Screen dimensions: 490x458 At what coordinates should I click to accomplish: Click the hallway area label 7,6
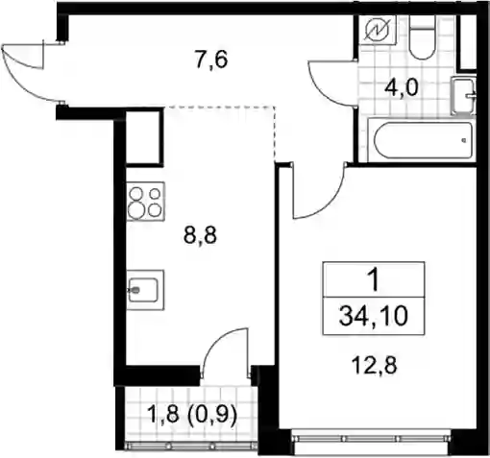(x=211, y=60)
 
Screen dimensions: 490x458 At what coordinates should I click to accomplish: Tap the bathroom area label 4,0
(x=402, y=87)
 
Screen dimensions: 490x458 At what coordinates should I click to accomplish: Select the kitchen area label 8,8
(x=200, y=235)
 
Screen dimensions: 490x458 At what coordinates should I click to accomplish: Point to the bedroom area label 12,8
(x=374, y=365)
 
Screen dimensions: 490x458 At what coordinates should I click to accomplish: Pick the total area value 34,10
(x=374, y=316)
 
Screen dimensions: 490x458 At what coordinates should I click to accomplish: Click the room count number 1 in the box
(x=374, y=279)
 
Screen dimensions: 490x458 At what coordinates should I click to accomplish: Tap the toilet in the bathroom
(x=423, y=37)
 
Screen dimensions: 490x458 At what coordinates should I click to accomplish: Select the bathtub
(x=421, y=140)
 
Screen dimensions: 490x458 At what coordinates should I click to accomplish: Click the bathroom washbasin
(x=463, y=96)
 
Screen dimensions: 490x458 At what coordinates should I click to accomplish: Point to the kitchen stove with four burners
(x=146, y=202)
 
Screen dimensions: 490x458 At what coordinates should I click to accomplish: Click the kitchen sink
(x=145, y=290)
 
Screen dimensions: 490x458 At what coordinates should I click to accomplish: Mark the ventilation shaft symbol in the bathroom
(x=378, y=30)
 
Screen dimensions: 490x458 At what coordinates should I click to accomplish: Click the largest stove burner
(x=135, y=210)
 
